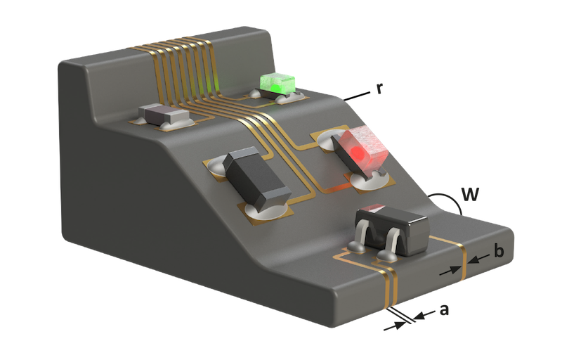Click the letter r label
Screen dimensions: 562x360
pos(379,89)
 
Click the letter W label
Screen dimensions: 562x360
pos(470,194)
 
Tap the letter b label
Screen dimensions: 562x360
pos(498,251)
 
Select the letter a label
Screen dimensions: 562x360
pos(444,309)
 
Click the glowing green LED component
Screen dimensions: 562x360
pos(277,83)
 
